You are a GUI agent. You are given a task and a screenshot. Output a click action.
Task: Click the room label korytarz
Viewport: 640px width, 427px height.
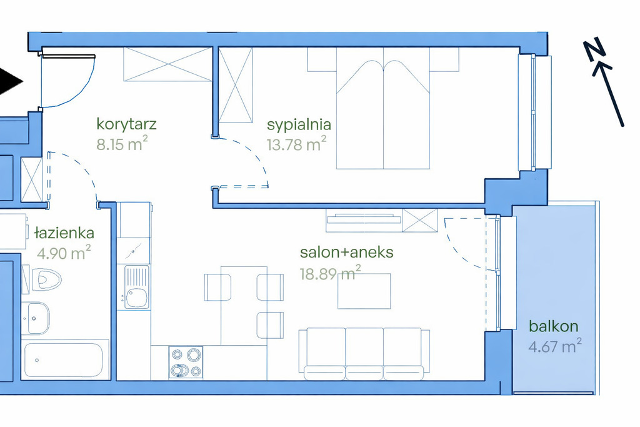[126, 124]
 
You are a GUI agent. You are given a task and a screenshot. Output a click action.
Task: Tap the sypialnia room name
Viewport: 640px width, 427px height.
[299, 124]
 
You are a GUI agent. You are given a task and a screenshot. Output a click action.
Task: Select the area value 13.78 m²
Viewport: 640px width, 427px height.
[297, 144]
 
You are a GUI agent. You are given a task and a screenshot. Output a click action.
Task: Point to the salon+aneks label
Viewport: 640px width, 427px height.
[346, 253]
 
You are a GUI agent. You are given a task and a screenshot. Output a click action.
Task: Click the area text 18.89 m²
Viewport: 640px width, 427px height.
[330, 273]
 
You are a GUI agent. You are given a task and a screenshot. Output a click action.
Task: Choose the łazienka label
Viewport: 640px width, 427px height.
[64, 233]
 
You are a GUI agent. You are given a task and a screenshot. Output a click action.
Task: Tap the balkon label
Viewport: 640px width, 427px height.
[554, 326]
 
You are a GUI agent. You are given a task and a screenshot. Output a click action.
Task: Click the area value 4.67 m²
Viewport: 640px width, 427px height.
[555, 346]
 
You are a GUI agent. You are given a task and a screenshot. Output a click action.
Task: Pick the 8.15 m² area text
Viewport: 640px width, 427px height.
[122, 144]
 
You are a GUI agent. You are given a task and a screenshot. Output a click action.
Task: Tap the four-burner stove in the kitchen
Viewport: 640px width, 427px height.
[186, 363]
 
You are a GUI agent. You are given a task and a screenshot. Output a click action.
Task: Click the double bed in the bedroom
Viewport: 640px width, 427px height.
[383, 108]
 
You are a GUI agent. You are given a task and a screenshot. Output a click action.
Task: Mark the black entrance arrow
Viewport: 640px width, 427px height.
[10, 82]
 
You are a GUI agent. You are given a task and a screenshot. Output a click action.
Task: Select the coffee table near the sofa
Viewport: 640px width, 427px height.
[364, 291]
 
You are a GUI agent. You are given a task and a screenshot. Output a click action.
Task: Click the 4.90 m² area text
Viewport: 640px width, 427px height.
[64, 253]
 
